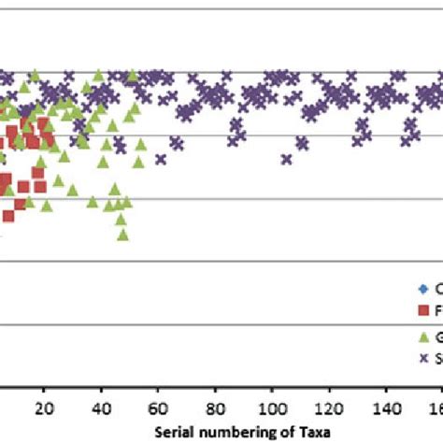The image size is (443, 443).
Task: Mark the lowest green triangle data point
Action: tap(122, 234)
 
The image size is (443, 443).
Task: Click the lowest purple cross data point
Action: tap(286, 159)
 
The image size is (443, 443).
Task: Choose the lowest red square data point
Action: tap(8, 216)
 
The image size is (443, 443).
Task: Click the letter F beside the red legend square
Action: tap(437, 309)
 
